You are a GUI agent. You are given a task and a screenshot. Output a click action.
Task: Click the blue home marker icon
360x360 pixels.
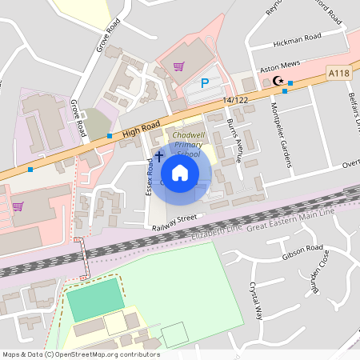point(180,172)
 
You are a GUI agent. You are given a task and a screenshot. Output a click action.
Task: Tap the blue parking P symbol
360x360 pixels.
point(204,83)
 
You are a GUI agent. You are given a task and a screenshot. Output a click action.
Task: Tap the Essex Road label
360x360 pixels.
point(149,177)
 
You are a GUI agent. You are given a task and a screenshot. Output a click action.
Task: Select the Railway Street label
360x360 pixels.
point(174,222)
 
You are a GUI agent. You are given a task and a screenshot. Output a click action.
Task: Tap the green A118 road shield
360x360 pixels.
point(339,74)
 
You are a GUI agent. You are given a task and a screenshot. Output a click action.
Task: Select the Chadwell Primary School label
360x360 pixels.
point(190,142)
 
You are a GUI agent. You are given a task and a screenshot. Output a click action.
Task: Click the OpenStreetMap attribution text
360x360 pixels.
point(81,354)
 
